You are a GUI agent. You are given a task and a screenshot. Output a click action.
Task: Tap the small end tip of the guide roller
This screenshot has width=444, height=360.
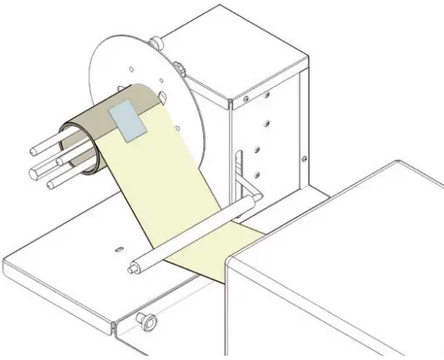(x=133, y=271)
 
